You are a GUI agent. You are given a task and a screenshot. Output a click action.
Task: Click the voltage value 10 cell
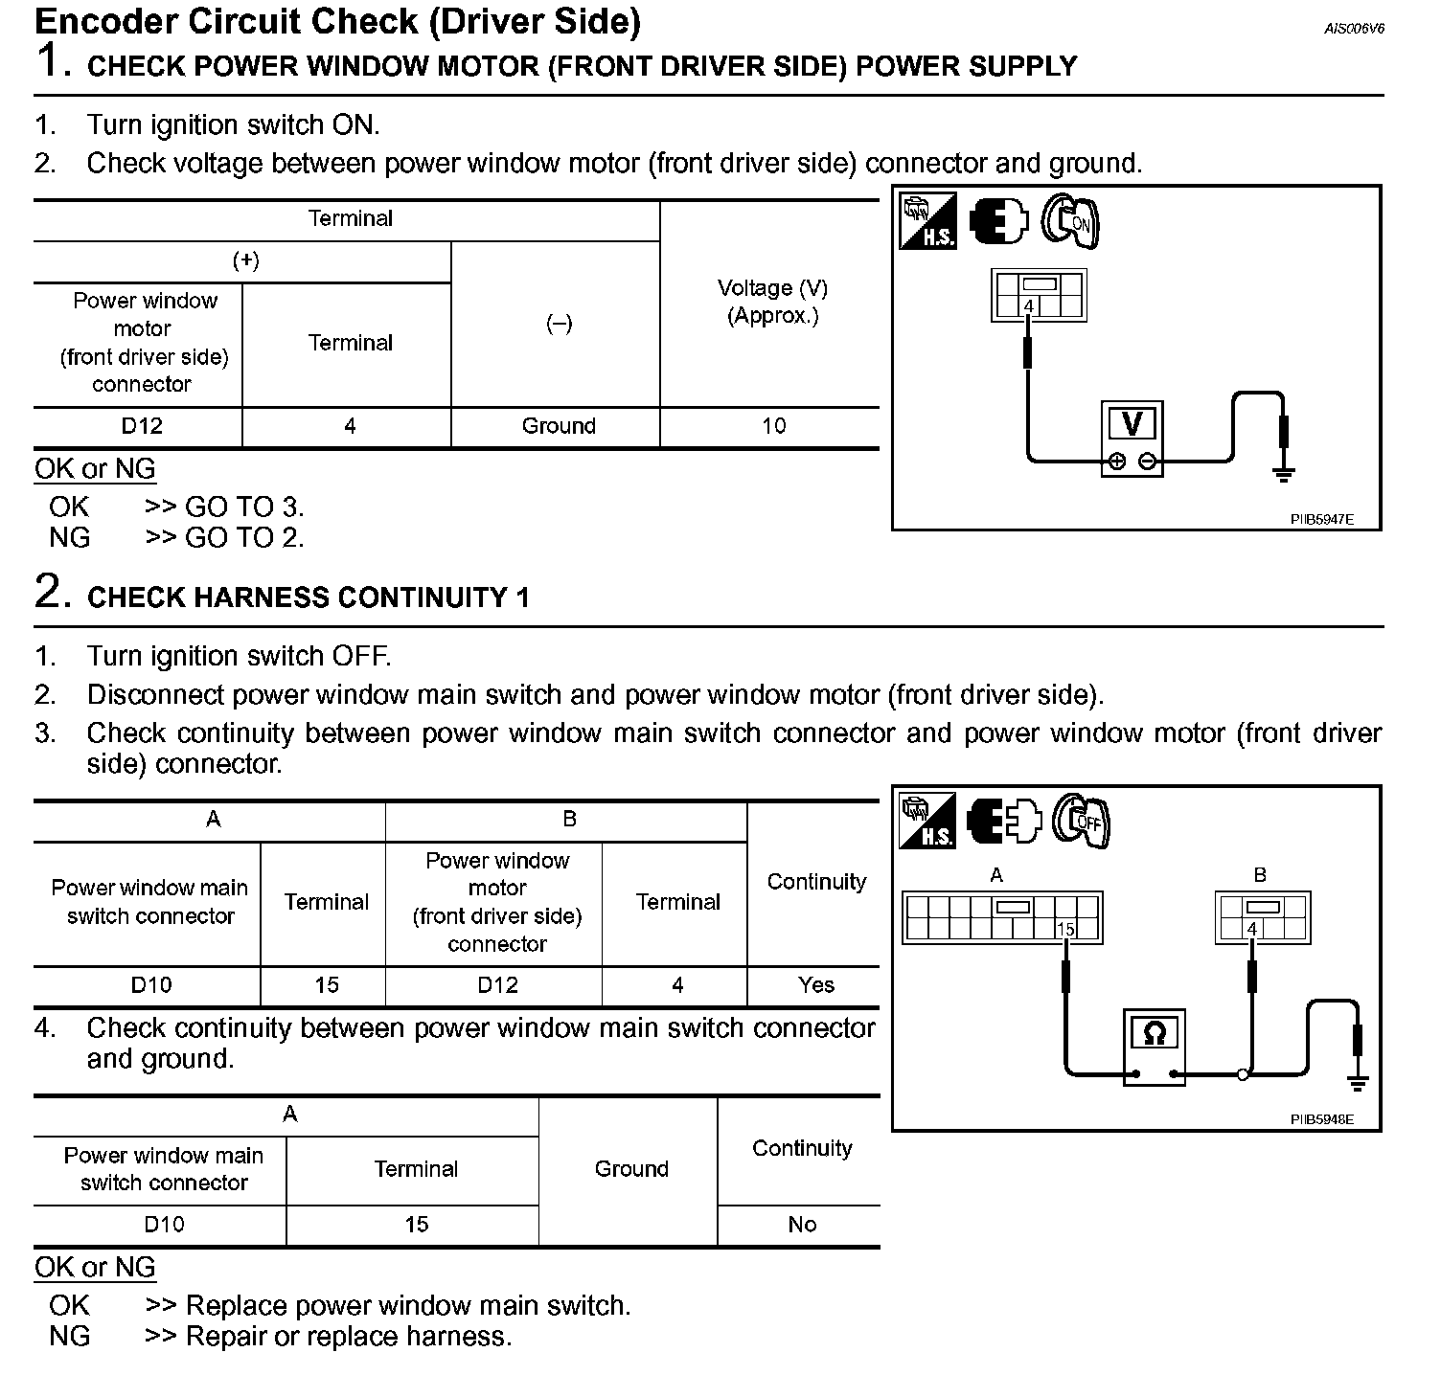coord(773,426)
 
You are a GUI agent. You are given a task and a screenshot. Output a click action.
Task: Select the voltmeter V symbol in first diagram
coord(1132,424)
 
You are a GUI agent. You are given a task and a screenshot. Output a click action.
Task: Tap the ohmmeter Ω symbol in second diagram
coord(1155,1033)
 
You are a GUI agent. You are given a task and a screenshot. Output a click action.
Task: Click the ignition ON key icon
coord(1071,223)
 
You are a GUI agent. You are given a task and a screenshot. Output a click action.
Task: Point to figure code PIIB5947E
coord(1321,519)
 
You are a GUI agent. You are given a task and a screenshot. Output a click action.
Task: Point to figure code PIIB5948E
coord(1321,1118)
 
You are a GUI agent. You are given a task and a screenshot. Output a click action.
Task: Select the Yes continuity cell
coord(816,985)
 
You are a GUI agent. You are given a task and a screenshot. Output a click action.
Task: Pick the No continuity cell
coord(802,1225)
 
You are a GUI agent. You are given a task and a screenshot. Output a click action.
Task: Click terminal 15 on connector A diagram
coord(1065,929)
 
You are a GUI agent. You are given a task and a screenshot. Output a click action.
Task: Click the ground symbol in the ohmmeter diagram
coord(1357,1082)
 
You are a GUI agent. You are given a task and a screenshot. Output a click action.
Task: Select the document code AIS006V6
coord(1354,29)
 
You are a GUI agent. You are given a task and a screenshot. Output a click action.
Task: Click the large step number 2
coord(52,591)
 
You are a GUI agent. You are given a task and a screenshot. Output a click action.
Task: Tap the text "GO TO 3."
coord(243,507)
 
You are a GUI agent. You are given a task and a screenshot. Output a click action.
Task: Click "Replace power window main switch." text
coord(408,1305)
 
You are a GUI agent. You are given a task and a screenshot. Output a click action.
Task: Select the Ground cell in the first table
coord(559,426)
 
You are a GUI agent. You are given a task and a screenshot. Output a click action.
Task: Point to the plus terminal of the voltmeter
coord(1117,462)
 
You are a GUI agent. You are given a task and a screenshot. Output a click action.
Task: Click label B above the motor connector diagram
coord(1260,874)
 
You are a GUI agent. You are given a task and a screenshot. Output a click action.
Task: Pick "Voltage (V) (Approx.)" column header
coord(772,302)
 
